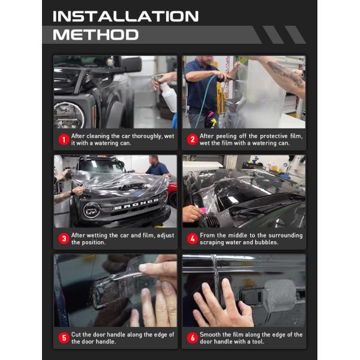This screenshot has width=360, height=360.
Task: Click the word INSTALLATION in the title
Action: pos(125,16)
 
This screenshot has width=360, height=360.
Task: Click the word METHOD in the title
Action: pos(95,34)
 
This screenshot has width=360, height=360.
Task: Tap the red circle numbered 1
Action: pos(64,139)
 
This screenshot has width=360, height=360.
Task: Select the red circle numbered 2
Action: pos(193,139)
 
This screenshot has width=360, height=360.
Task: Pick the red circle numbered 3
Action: pos(64,238)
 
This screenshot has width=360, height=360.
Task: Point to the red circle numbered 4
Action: pos(193,238)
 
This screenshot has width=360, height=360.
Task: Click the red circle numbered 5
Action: pos(64,338)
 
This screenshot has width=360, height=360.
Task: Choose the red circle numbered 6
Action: pos(193,338)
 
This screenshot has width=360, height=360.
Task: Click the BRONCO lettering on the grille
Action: pos(136,207)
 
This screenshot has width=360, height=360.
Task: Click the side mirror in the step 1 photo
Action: pos(129,64)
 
